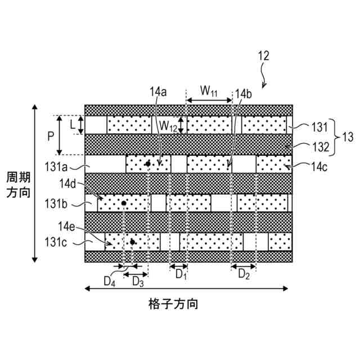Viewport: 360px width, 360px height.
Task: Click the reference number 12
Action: [x=263, y=56]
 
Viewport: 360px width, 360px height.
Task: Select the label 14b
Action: [x=244, y=93]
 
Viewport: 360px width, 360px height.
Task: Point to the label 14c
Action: [x=317, y=166]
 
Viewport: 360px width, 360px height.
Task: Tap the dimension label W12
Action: [x=167, y=124]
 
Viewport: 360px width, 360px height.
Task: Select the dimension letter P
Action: [x=49, y=136]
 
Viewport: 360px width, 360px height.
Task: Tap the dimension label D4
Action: [x=110, y=282]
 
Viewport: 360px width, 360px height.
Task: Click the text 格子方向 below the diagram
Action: [x=173, y=304]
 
